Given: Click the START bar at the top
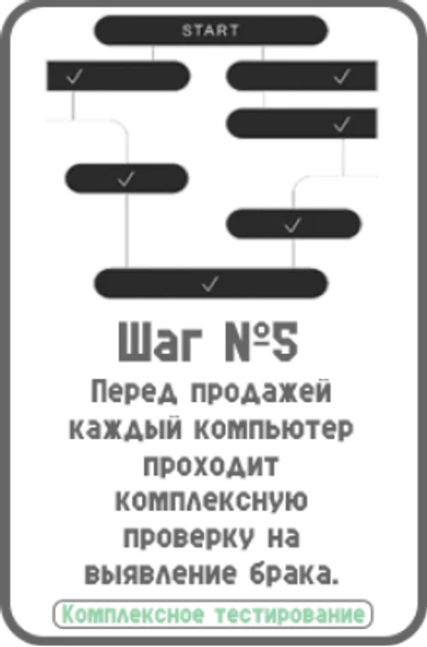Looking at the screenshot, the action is point(211,30).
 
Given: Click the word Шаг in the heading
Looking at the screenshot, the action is point(161,341).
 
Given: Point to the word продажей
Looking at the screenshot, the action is point(261,392).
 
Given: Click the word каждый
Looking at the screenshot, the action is point(126,429).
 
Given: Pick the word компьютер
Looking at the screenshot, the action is point(274,429).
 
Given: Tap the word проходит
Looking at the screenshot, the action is point(211,466).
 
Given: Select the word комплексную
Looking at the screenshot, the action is point(211,502).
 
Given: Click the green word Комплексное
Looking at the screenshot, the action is point(133,615).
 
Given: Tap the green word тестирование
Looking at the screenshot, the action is point(290,615).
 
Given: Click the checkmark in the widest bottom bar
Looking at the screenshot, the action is point(210,284).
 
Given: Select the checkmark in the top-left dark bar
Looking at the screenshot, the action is point(74,76).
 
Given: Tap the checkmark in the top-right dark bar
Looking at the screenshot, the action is point(342,76).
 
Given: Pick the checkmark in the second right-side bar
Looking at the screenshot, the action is point(342,124).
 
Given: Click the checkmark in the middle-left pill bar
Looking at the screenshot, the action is point(126,178).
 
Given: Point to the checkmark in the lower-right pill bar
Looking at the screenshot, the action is point(293,224).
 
